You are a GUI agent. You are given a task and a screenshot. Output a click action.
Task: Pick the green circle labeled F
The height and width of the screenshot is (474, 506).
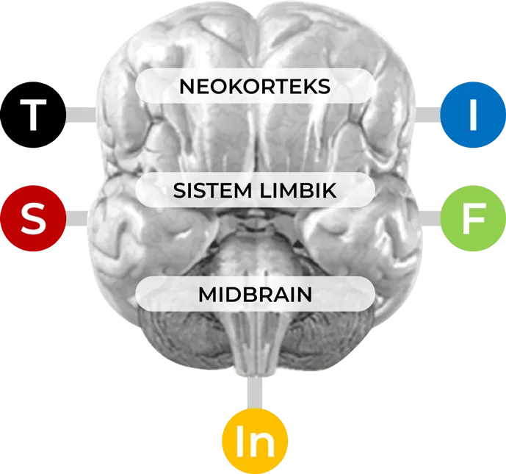pyautogui.click(x=473, y=217)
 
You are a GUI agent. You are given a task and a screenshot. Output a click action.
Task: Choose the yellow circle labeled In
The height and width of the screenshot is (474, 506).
pyautogui.click(x=254, y=442)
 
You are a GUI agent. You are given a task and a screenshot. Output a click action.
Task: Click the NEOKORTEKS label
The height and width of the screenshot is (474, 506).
pyautogui.click(x=255, y=87)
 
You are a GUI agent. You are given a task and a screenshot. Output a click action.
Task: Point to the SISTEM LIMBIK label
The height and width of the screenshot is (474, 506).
pyautogui.click(x=255, y=191)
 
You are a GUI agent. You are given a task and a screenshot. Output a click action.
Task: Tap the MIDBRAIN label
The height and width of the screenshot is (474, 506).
pyautogui.click(x=255, y=295)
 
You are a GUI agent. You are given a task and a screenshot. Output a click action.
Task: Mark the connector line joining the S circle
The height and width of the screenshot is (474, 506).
pyautogui.click(x=77, y=217)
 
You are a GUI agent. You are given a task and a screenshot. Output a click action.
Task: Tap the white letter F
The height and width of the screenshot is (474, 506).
pyautogui.click(x=473, y=218)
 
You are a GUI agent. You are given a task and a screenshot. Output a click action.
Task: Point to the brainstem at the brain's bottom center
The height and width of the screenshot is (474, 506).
pyautogui.click(x=254, y=345)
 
